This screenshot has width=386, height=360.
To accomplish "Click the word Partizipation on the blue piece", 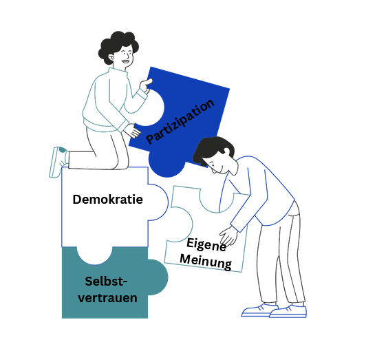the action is [x=180, y=121].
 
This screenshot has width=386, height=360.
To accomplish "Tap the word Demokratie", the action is [x=108, y=199].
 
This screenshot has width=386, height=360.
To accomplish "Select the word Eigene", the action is [x=206, y=244].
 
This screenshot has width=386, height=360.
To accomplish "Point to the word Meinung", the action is [x=206, y=262].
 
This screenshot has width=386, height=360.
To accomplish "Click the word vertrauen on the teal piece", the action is [x=108, y=298].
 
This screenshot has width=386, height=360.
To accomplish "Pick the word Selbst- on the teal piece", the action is [x=106, y=282].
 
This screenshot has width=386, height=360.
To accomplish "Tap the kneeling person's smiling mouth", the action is [x=126, y=61].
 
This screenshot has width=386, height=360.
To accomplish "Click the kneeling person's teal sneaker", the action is [x=58, y=162].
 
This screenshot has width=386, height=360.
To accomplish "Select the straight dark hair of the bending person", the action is [x=212, y=149].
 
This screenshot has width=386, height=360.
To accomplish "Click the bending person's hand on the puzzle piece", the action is [x=228, y=236].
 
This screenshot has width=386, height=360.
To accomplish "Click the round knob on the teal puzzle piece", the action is [x=158, y=277].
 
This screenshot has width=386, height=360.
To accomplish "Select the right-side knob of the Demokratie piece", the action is [x=158, y=202].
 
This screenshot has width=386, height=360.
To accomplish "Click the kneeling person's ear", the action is [x=111, y=58].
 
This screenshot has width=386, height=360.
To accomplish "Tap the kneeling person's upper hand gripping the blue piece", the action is [x=146, y=85].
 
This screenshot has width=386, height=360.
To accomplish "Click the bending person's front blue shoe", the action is [x=288, y=312].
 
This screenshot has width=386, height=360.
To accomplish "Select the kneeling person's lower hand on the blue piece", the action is [x=131, y=130].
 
